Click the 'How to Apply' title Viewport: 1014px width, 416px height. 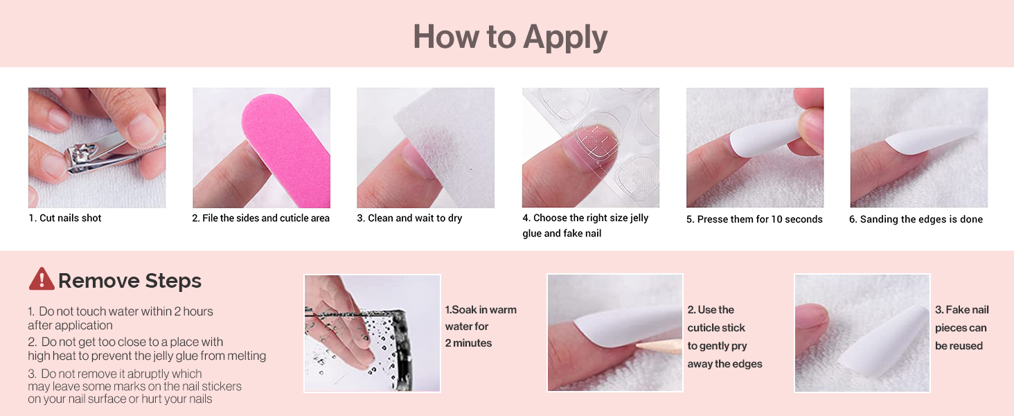pos(510,37)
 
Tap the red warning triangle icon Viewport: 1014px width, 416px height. pos(42,279)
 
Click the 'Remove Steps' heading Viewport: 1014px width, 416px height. pos(130,281)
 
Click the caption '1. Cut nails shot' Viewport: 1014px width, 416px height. pos(65,218)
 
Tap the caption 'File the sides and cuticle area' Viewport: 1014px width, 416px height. pos(266,218)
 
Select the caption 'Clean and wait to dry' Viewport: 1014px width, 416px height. pos(415,218)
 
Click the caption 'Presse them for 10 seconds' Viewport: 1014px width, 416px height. pos(760,219)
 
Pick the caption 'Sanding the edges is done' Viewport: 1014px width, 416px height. pos(921,219)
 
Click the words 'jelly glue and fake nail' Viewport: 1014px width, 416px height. pos(585,225)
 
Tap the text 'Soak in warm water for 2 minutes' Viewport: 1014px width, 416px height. pos(481,327)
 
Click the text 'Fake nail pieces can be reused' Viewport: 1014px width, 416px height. pos(962,328)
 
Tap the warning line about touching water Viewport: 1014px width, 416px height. pos(121,318)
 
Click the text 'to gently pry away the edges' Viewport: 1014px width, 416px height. pos(724,355)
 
